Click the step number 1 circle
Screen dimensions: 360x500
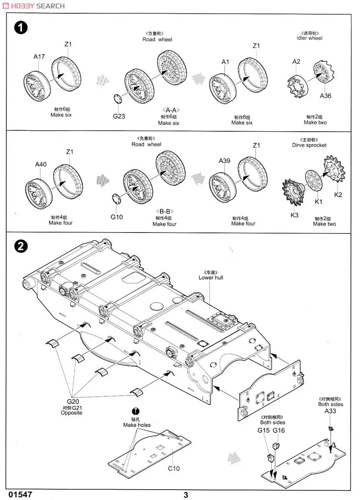click(x=21, y=28)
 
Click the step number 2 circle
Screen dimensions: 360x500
click(x=21, y=247)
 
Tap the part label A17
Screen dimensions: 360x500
click(x=39, y=57)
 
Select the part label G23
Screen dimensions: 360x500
click(x=119, y=116)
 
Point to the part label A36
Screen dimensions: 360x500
click(x=325, y=96)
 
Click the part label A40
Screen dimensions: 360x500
click(x=41, y=165)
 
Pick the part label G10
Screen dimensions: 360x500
click(x=117, y=217)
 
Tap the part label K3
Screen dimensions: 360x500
click(x=295, y=215)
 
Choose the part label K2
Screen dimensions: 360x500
click(x=338, y=195)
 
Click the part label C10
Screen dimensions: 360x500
click(x=174, y=468)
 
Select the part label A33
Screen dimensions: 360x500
click(x=330, y=411)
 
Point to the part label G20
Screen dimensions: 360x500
click(x=73, y=401)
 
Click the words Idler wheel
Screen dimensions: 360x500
click(x=309, y=38)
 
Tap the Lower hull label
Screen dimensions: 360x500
click(x=211, y=277)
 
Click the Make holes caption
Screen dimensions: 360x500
click(x=137, y=425)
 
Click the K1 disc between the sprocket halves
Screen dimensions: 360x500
click(x=314, y=181)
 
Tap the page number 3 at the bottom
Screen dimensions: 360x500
click(x=186, y=495)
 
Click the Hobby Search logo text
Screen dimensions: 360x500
click(x=33, y=6)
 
